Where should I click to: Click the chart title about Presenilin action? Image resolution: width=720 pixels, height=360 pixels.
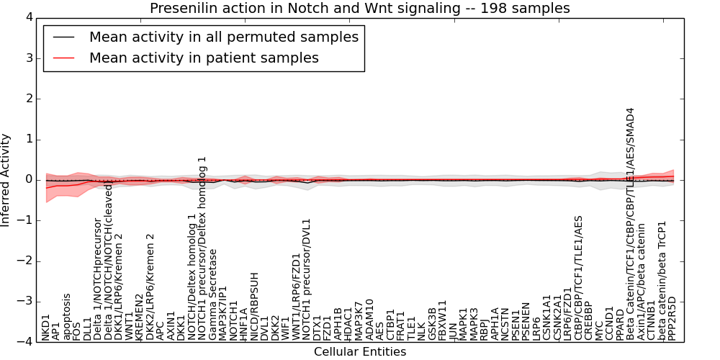tap(359, 8)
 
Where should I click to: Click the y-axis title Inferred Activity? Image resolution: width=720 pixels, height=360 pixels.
tap(6, 180)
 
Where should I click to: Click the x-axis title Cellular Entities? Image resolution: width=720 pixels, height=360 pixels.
tap(359, 352)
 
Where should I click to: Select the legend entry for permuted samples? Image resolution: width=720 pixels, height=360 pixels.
tap(223, 37)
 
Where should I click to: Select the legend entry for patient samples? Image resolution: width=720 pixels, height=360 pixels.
tap(204, 58)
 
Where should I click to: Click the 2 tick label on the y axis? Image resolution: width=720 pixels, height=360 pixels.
tap(28, 99)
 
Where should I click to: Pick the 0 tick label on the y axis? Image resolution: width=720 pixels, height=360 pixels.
tap(28, 180)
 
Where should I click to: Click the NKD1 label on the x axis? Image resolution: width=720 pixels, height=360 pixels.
tap(46, 326)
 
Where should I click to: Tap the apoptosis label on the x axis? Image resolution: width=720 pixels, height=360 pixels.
tap(67, 316)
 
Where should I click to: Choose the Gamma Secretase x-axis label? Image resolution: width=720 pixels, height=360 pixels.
tap(213, 294)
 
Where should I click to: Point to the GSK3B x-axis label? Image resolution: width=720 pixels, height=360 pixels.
tap(432, 324)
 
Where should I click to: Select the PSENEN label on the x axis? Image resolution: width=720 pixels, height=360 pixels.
tap(526, 322)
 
